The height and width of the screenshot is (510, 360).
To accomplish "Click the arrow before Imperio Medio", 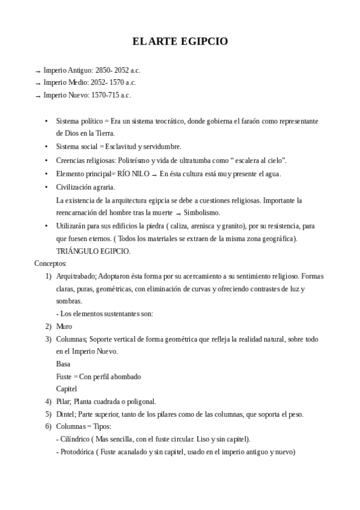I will click(38, 84).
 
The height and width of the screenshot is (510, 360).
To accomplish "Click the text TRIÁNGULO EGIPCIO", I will click(93, 251).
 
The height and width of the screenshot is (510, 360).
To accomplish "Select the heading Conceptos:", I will click(50, 263).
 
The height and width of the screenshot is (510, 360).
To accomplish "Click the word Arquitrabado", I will click(77, 276).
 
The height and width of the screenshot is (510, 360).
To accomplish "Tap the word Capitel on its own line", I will click(67, 389).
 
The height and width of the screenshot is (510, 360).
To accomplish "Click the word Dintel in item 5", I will click(66, 414).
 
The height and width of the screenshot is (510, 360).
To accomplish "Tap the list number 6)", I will click(48, 426).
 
